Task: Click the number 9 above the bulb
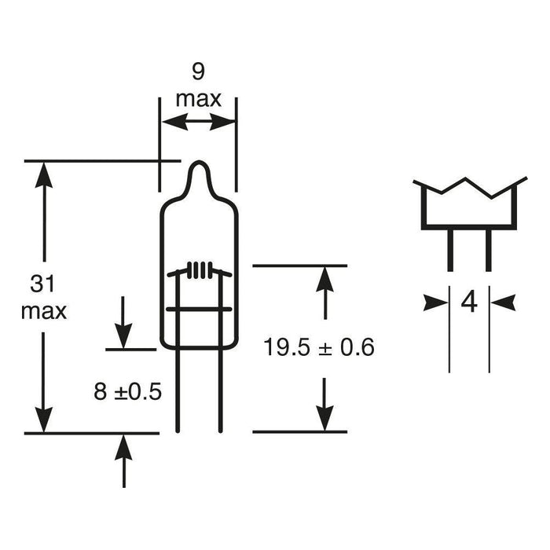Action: (x=198, y=72)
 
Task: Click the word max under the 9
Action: (x=199, y=99)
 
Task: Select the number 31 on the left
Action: (x=42, y=284)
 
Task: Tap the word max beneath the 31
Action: (x=44, y=311)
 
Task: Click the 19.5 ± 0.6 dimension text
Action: (x=319, y=347)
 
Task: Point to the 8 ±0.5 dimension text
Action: (x=127, y=391)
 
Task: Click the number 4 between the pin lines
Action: (x=469, y=302)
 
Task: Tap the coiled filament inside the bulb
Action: (x=200, y=270)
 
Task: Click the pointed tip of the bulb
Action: (x=199, y=162)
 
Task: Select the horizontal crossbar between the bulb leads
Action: (x=199, y=309)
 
